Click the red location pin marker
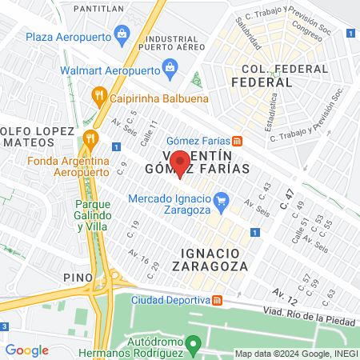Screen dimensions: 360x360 [181, 163]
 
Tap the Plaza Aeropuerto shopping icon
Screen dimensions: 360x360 [122, 34]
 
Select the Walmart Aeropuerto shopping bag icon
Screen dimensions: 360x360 [170, 68]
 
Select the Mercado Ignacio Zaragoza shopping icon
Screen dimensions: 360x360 [223, 198]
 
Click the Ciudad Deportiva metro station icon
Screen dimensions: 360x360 [216, 300]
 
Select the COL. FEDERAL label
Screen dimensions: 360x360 [261, 71]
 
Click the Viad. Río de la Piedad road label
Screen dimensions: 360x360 [308, 316]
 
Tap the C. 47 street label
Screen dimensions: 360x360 [287, 201]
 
